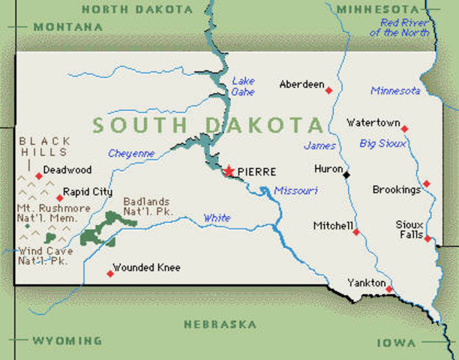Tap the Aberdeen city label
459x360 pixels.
(301, 85)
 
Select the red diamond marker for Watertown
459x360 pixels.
(404, 129)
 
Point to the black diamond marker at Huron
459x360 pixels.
(346, 175)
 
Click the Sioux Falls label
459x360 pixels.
(410, 230)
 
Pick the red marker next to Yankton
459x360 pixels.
(389, 289)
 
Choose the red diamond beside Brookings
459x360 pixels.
(426, 183)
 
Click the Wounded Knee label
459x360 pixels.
(146, 268)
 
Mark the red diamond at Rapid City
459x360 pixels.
(60, 198)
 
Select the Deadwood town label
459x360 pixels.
(67, 170)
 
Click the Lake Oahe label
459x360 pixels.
(244, 86)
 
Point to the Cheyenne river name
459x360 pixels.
(131, 154)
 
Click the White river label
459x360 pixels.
(217, 218)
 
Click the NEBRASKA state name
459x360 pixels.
(220, 325)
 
